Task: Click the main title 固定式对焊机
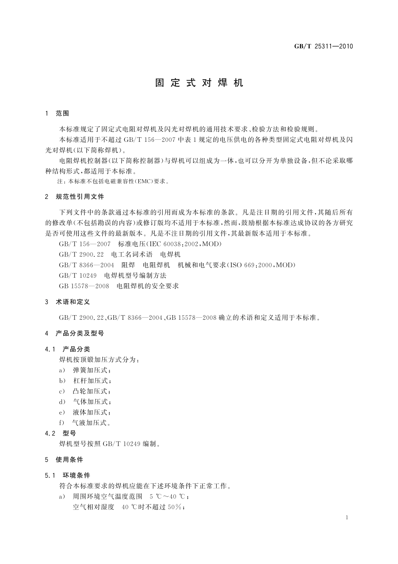click(x=199, y=83)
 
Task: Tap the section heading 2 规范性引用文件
click(x=75, y=196)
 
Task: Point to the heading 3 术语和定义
click(x=67, y=302)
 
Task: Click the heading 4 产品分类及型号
click(x=75, y=333)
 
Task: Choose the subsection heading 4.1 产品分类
click(x=67, y=349)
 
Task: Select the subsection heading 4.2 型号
click(x=61, y=433)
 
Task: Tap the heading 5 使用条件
click(x=64, y=460)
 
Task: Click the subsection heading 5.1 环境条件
click(x=67, y=475)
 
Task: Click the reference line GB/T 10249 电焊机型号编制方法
click(x=113, y=275)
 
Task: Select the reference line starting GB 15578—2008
click(x=119, y=286)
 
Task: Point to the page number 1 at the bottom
click(x=347, y=517)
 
